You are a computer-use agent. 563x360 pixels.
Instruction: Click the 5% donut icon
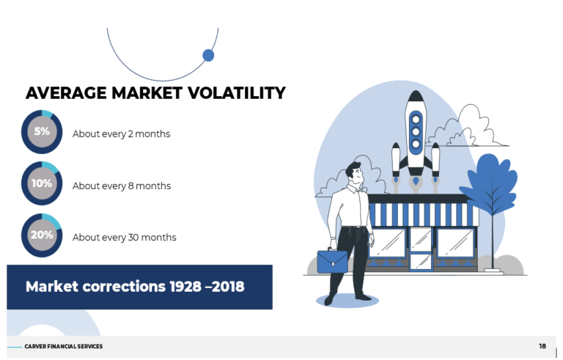42,133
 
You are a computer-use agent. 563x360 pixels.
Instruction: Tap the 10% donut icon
42,184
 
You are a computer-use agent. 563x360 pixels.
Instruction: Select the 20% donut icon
42,235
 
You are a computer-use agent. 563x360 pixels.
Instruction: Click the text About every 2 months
121,134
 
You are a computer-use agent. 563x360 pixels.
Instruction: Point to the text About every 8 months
121,186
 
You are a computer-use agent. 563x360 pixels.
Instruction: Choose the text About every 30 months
124,238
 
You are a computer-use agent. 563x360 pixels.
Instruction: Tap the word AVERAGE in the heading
66,93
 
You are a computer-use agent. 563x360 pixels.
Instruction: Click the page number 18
542,346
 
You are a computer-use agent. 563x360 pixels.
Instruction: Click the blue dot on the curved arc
208,55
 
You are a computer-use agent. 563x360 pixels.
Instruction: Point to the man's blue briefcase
332,261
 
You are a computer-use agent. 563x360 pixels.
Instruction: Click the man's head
354,172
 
